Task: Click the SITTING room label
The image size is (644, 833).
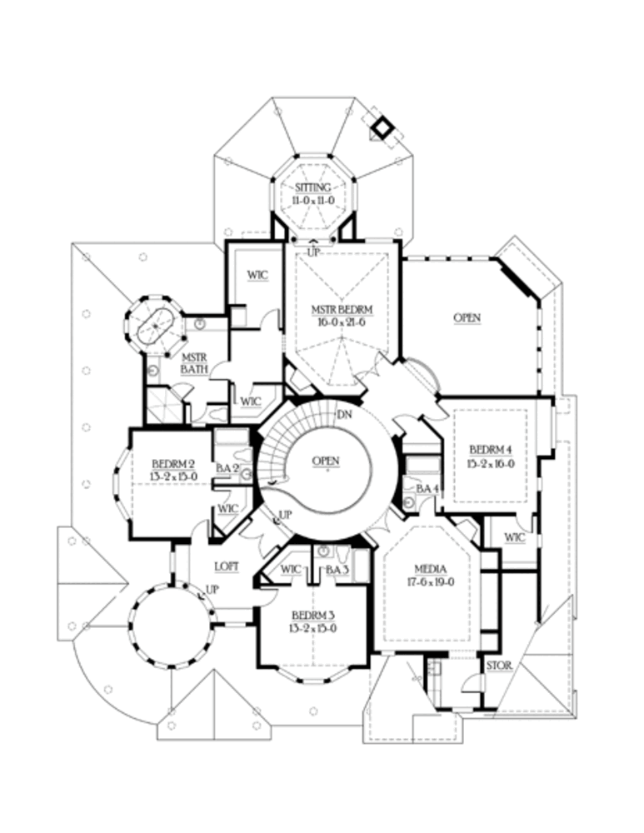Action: pyautogui.click(x=313, y=187)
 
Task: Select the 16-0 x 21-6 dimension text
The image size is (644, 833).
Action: pyautogui.click(x=342, y=322)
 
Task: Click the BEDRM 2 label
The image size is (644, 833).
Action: pyautogui.click(x=174, y=463)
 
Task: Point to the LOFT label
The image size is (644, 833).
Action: pyautogui.click(x=227, y=566)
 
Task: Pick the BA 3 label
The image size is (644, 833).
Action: pyautogui.click(x=337, y=569)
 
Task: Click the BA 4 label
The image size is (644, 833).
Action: pyautogui.click(x=427, y=488)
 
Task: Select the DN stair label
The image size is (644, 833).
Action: pyautogui.click(x=343, y=414)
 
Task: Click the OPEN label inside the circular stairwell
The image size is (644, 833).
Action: pyautogui.click(x=326, y=461)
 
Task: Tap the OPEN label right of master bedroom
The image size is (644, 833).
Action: pyautogui.click(x=467, y=317)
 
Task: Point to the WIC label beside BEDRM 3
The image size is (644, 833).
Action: pyautogui.click(x=291, y=569)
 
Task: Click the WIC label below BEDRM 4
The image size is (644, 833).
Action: pyautogui.click(x=515, y=537)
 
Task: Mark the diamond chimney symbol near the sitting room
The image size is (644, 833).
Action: pyautogui.click(x=382, y=127)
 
